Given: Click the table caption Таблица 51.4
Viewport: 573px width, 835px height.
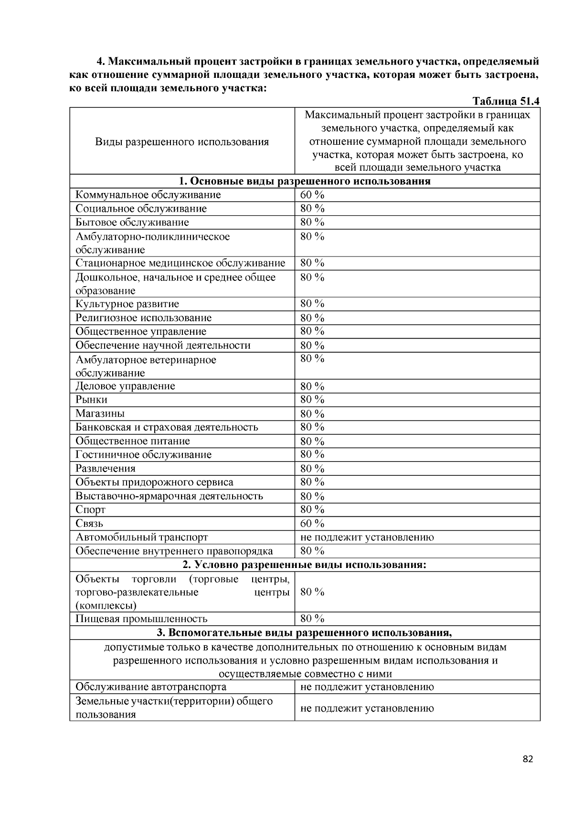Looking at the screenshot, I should [506, 101].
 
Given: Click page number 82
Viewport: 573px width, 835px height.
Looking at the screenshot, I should [528, 760].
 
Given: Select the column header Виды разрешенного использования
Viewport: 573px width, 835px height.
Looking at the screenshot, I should [181, 142].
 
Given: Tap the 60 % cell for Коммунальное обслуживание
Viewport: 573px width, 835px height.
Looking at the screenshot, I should [312, 195].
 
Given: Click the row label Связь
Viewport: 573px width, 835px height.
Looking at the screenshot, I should [89, 524].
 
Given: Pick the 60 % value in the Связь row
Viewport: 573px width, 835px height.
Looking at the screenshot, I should [312, 524].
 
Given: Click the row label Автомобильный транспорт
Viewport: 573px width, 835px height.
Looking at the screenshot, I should [142, 537].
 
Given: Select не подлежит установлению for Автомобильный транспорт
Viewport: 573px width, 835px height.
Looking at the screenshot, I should [367, 537].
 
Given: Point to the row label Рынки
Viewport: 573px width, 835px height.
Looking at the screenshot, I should [92, 400].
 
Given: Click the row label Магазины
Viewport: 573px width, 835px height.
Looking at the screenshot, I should [100, 414].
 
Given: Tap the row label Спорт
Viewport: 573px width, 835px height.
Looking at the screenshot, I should [90, 510].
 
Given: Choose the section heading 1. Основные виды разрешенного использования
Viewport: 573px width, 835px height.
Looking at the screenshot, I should [305, 182].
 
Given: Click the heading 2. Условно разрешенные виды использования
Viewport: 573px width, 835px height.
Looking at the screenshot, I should [305, 565].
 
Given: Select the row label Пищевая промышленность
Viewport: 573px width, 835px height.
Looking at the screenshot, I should [141, 619].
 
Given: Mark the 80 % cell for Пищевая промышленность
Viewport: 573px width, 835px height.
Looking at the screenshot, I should [312, 619].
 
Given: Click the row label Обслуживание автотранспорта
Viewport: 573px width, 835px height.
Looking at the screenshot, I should [151, 687].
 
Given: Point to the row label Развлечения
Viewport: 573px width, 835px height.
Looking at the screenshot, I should [106, 469].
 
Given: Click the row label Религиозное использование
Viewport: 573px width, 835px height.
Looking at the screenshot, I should [143, 318].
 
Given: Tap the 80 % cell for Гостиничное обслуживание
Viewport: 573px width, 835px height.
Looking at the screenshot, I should [312, 455].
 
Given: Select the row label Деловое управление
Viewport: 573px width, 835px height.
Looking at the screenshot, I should [125, 386].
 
